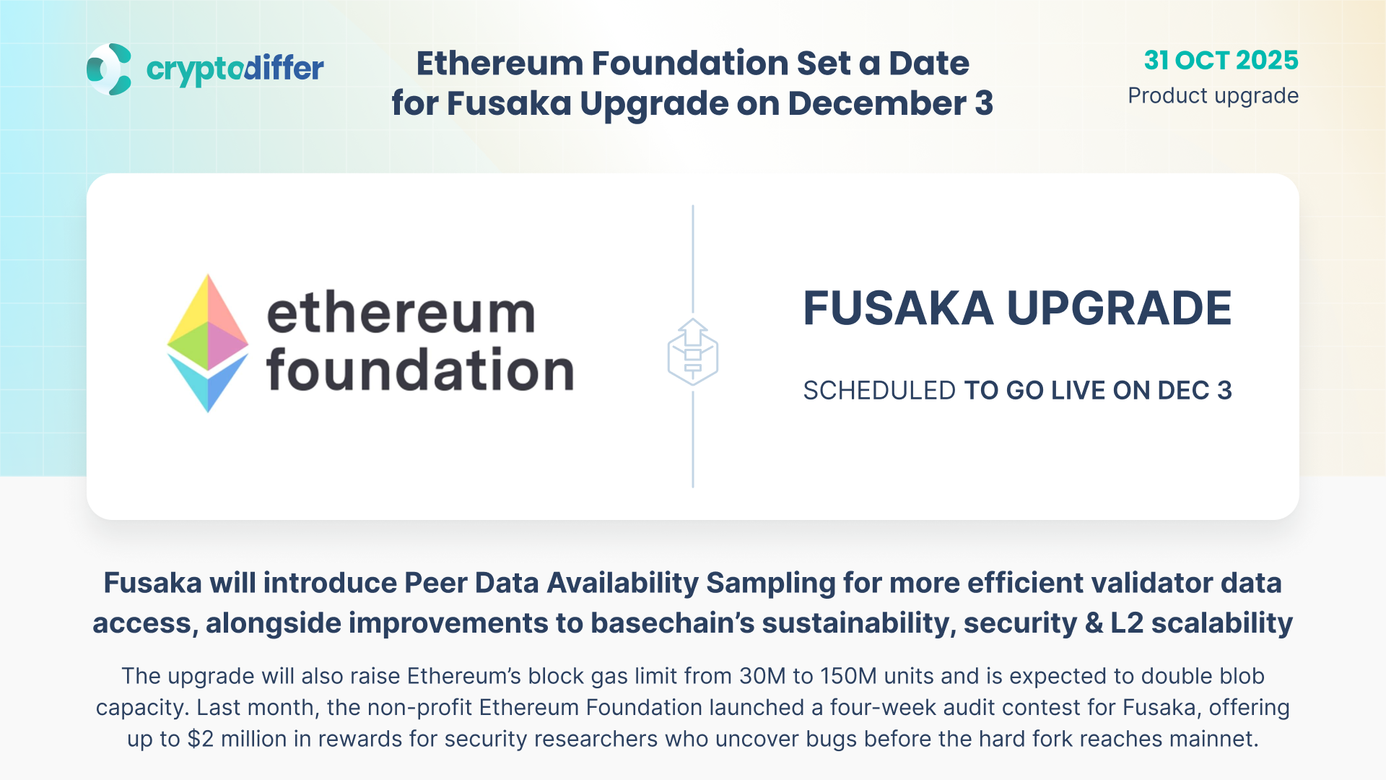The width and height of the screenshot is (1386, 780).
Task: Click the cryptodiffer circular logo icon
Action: tap(109, 69)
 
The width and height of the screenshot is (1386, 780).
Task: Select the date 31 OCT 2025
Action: tap(1221, 60)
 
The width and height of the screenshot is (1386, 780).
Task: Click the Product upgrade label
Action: tap(1213, 95)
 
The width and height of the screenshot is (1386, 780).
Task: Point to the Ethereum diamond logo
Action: tap(208, 343)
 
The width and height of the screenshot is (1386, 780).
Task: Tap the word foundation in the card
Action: tap(420, 369)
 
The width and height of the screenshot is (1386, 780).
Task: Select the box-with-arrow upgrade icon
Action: tap(693, 352)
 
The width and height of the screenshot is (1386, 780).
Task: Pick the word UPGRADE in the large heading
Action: tap(1119, 308)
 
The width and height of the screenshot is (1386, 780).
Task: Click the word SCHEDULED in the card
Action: tap(879, 391)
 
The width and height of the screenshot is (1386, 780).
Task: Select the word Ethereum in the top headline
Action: tap(500, 64)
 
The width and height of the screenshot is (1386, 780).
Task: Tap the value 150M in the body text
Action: tap(847, 676)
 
